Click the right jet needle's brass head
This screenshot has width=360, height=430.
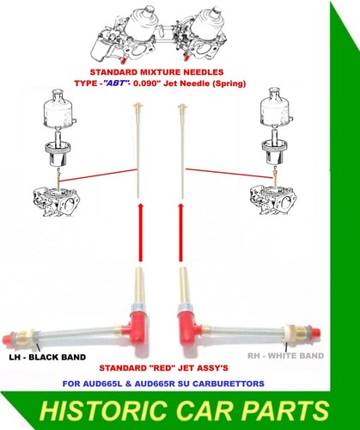(x=181, y=107)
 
